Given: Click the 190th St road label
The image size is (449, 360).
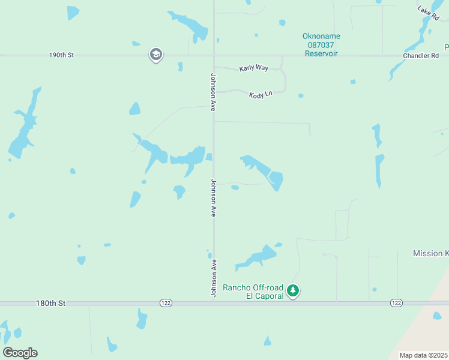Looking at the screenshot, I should coord(61,55).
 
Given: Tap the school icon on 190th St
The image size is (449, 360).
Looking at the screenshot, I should coord(155,55).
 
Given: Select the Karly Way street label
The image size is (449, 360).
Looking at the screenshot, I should coord(253,68).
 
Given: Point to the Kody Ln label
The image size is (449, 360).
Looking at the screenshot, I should coord(260,94).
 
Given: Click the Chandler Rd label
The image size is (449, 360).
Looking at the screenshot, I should coord(421,56).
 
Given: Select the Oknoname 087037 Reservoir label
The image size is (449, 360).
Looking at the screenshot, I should coord(321,45).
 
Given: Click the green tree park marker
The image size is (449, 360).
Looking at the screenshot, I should coord(293,291).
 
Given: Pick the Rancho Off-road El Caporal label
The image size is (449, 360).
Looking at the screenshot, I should coord(253,292).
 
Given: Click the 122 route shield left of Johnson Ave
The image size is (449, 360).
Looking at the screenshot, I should coord(166,304).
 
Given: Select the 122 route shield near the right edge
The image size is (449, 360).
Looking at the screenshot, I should coord(396,304).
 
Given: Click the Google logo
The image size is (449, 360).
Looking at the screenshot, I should coord(20,352).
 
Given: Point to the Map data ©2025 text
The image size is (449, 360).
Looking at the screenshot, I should coord(423,355).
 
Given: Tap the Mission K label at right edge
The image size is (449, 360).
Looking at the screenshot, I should coord(430,254).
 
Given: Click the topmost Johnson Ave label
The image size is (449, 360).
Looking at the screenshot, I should coord(213,92).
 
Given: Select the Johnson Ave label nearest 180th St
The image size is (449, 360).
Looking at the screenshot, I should coord(213,278).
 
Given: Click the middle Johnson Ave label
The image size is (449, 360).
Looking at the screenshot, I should coord(213,197).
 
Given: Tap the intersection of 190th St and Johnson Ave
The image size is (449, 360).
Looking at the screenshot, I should coord(214,55).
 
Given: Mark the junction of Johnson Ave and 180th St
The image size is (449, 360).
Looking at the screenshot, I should coord(214,304).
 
